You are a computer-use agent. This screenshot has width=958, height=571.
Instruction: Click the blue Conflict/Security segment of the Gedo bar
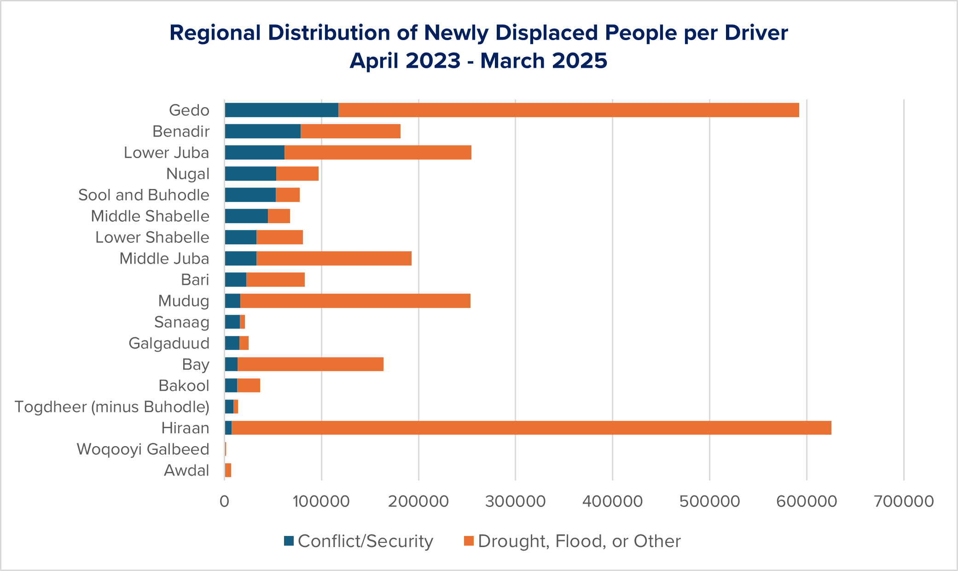pos(281,110)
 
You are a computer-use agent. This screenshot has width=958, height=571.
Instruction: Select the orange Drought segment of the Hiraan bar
pos(531,428)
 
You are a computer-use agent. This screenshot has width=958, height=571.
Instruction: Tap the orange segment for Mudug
pos(355,300)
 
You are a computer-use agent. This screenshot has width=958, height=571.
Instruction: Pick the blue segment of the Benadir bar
pos(262,131)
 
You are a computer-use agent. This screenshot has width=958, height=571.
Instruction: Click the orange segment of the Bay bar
pos(310,364)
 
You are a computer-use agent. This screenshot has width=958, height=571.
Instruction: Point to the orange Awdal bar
pos(228,470)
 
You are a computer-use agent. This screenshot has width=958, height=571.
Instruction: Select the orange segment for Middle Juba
pos(334,259)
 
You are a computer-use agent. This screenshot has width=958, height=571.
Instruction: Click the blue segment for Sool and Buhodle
pos(250,195)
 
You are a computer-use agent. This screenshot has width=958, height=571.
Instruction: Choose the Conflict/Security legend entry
pos(359,541)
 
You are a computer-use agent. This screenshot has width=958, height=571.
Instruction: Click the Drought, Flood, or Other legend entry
pos(572,541)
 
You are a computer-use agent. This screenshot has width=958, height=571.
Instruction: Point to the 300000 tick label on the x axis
pos(515,501)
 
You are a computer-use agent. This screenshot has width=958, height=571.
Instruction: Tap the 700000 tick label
pos(904,501)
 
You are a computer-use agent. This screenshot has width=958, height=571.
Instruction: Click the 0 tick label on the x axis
pos(224,501)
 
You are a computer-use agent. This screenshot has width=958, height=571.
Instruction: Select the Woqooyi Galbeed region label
pos(143,449)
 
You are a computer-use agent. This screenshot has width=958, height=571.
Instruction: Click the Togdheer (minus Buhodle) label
pos(112,406)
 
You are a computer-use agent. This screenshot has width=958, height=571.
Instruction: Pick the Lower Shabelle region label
pos(152,237)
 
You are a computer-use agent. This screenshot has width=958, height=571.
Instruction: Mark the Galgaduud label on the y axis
pos(169,343)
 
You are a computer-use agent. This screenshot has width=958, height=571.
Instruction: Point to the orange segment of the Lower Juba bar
pos(377,153)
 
